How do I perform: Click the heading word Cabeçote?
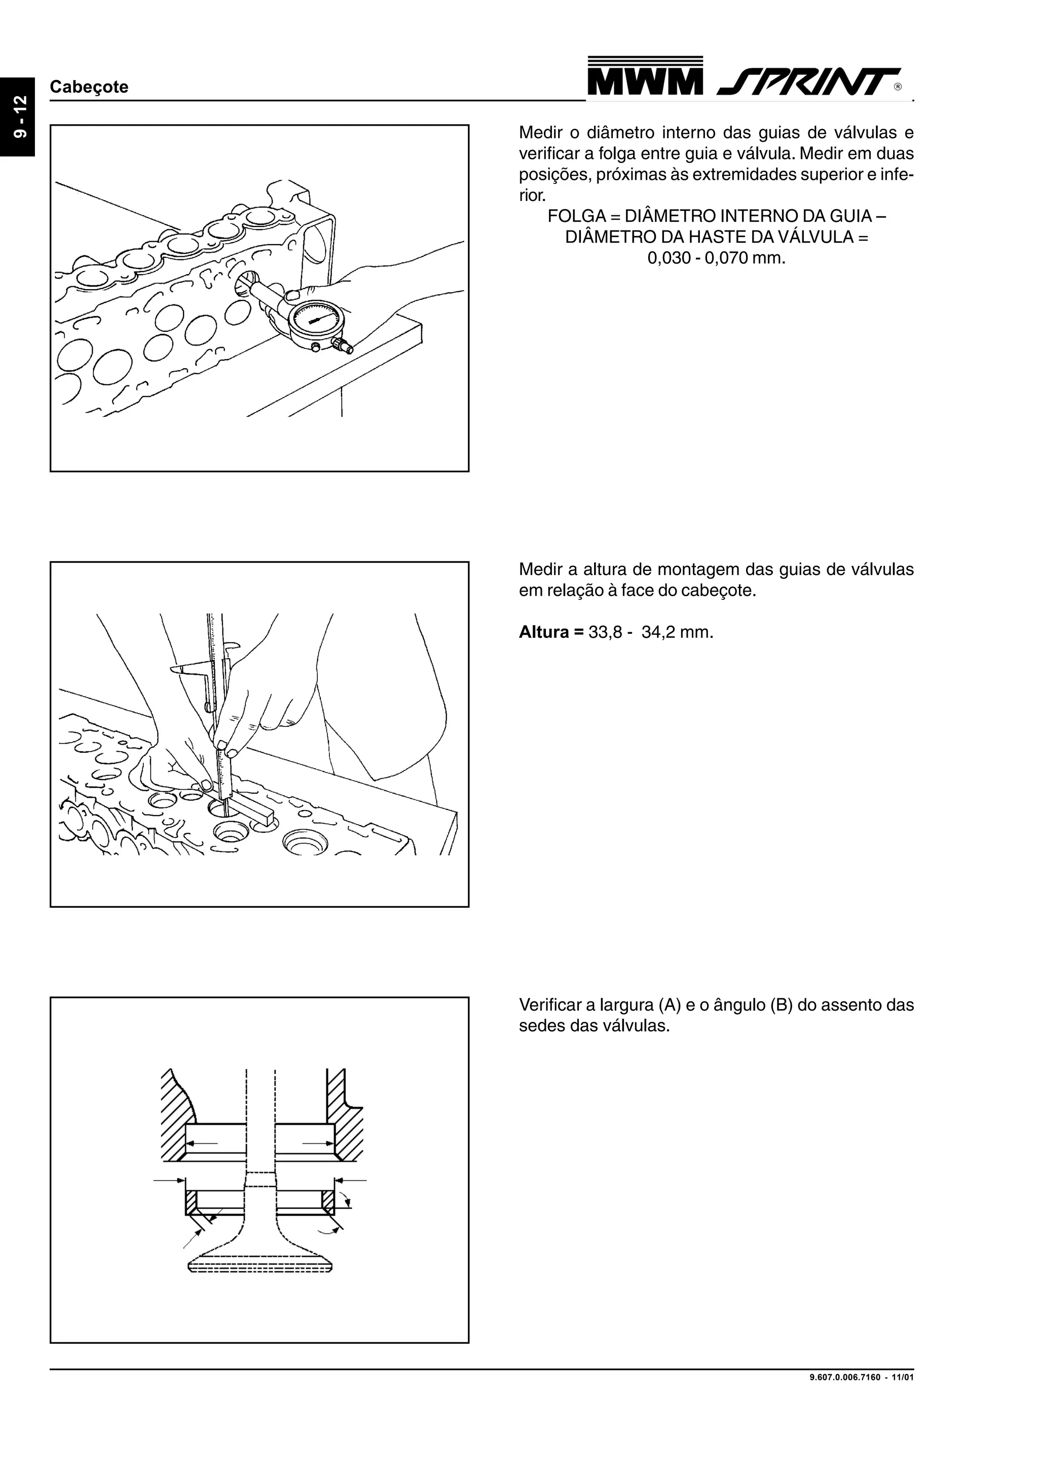(89, 87)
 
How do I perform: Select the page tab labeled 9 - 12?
(18, 117)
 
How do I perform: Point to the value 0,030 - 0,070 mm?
(716, 258)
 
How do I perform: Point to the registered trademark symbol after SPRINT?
(898, 88)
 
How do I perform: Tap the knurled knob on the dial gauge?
(345, 346)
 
